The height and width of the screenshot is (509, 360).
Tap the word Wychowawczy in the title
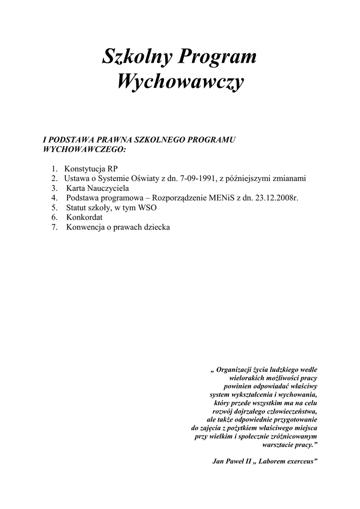(x=180, y=81)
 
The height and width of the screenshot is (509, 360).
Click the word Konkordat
(x=84, y=217)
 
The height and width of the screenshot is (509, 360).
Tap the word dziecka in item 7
(x=158, y=227)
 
